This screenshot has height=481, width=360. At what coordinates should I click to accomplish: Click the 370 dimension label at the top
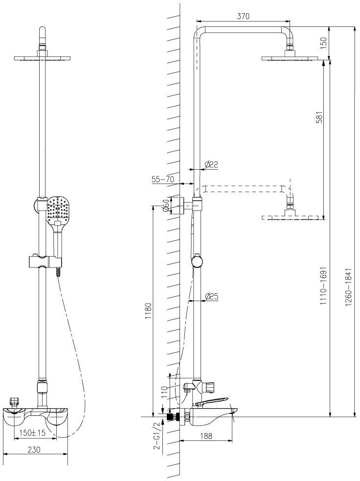pos(243,16)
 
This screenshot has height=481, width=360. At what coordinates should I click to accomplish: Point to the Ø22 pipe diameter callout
pos(211,165)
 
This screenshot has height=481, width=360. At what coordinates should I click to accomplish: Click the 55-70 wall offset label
pos(163,179)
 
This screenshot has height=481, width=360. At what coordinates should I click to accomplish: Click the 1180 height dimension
pos(149,311)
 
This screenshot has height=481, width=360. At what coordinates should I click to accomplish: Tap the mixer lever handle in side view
pos(212,402)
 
